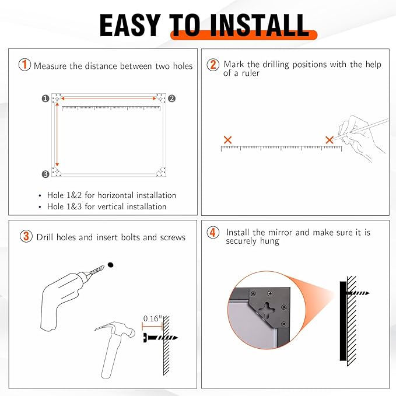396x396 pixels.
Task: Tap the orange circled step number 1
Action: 25,65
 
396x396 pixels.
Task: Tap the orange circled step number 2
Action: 213,65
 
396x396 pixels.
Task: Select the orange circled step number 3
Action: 26,236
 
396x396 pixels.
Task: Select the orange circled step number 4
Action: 213,233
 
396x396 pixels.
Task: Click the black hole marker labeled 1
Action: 45,99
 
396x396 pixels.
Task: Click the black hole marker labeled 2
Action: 171,99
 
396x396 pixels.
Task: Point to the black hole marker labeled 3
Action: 45,174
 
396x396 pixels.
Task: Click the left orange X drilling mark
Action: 228,140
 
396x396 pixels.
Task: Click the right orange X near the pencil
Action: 330,140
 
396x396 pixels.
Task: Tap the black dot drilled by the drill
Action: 110,265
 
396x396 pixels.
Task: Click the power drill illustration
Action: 64,295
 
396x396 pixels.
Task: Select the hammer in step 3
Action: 114,344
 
